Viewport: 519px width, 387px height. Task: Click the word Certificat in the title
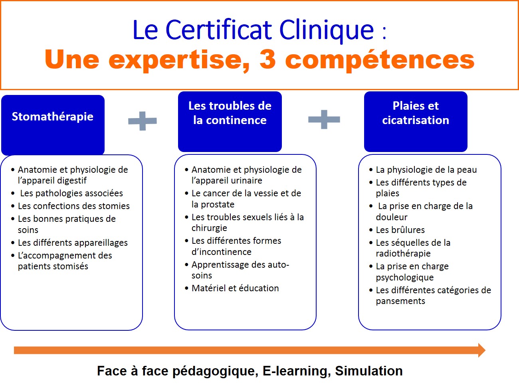(x=219, y=30)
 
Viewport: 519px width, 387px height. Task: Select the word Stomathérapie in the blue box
(x=53, y=117)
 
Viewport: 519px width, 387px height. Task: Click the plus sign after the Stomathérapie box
(x=143, y=121)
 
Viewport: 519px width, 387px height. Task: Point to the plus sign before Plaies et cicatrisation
(x=324, y=119)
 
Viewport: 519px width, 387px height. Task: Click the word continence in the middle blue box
(x=236, y=120)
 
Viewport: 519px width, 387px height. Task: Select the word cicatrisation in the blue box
(x=416, y=120)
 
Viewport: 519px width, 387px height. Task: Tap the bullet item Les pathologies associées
(x=71, y=193)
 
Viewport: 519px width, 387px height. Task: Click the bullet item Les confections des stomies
(x=74, y=206)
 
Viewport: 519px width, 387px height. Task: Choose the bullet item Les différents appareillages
(x=73, y=243)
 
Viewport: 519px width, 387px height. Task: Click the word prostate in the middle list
(x=218, y=205)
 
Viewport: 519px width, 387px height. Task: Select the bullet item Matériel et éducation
(x=235, y=288)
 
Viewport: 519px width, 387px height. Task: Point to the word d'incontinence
(x=222, y=252)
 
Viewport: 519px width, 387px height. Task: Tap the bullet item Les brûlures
(x=400, y=230)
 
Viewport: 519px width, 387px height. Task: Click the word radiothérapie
(x=403, y=253)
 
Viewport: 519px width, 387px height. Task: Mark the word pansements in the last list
(x=400, y=301)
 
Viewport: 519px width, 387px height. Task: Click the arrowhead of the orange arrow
(x=481, y=350)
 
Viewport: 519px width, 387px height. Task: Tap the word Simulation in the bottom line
(x=369, y=371)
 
